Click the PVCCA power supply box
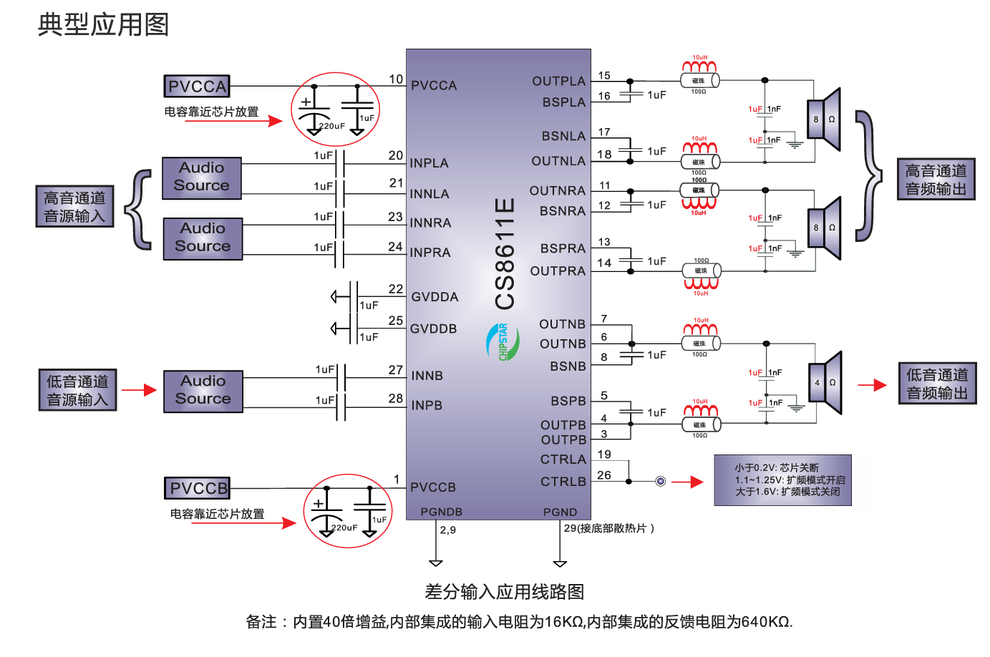(197, 87)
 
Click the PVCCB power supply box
(198, 489)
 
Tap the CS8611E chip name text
(505, 253)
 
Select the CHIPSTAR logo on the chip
(498, 341)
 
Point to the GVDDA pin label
(435, 297)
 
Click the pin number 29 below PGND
(570, 528)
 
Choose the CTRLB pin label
(563, 482)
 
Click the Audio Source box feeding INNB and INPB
(203, 391)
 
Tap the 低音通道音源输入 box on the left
(77, 390)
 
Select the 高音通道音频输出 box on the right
(936, 179)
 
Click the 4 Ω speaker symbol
(825, 383)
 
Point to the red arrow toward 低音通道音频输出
(872, 385)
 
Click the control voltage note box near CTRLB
(782, 480)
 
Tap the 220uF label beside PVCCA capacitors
(332, 126)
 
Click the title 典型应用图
(103, 24)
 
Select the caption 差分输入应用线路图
(505, 592)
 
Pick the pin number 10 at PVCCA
(396, 79)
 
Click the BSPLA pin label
(564, 102)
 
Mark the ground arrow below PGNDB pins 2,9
(436, 563)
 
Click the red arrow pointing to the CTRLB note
(687, 482)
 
